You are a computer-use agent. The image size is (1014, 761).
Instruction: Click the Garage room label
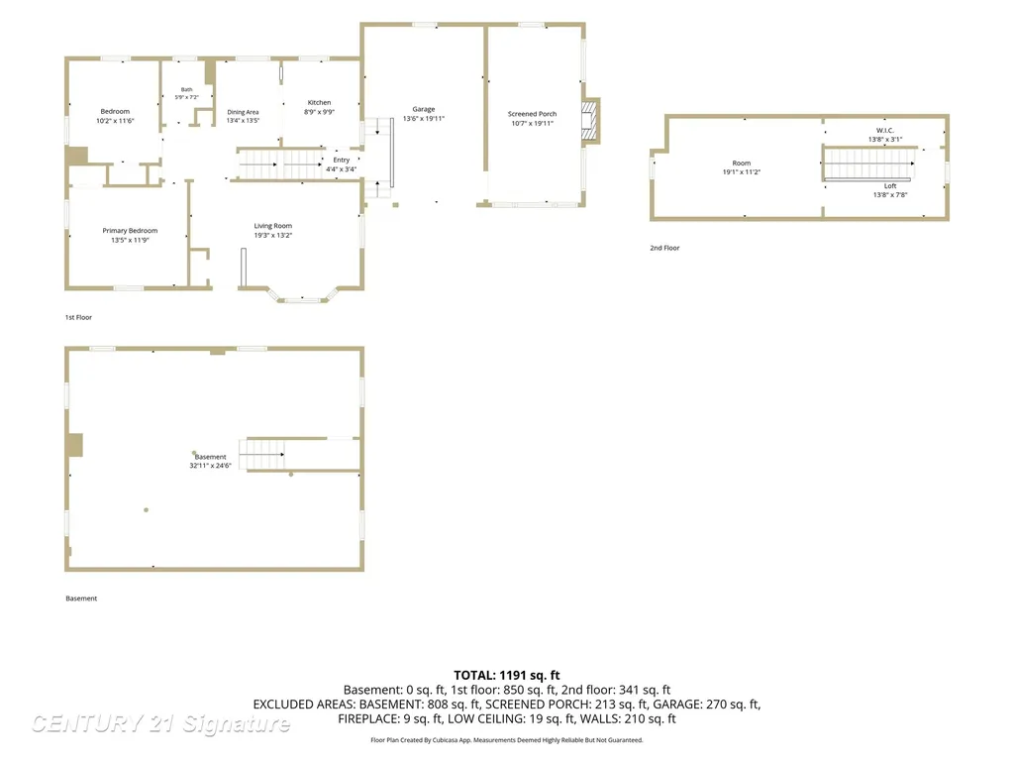(424, 109)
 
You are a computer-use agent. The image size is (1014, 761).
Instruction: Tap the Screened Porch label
(532, 114)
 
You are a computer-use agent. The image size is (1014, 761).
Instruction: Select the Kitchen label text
(320, 103)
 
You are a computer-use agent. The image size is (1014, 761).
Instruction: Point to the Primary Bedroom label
(130, 230)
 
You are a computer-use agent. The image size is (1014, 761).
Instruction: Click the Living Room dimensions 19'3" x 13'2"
(273, 236)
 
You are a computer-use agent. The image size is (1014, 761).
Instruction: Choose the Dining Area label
(244, 112)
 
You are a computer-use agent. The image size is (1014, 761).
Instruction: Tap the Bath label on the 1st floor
(187, 89)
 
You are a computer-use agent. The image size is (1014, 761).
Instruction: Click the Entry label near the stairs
(342, 160)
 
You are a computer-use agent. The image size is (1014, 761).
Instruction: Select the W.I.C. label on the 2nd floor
(885, 130)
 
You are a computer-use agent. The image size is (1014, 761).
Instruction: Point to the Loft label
(890, 185)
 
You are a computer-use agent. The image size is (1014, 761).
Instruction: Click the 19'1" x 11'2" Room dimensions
(742, 172)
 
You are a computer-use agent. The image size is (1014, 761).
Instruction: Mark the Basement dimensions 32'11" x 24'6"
(210, 466)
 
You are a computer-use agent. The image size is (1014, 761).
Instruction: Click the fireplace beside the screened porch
(591, 120)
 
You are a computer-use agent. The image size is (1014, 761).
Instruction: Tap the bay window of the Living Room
(303, 297)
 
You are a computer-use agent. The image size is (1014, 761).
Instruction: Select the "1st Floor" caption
(78, 317)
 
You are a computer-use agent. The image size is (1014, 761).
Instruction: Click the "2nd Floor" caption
(664, 248)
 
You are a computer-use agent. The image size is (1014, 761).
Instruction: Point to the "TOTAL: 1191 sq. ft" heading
(507, 675)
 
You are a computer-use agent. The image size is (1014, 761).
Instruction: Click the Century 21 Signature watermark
(160, 723)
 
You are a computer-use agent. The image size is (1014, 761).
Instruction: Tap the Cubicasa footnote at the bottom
(507, 739)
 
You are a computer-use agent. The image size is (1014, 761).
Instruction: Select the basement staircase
(262, 454)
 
